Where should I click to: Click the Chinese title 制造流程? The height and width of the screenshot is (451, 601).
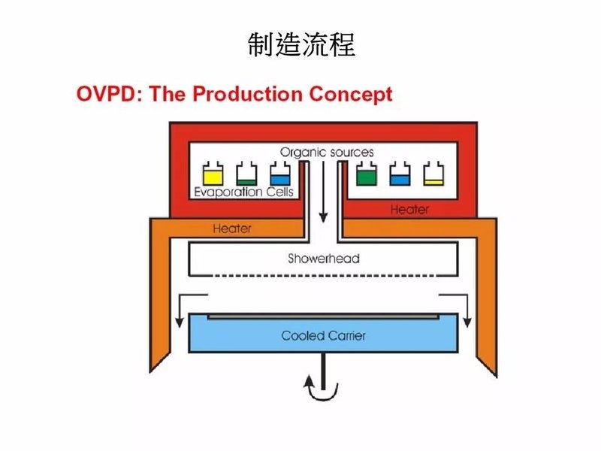coord(300,45)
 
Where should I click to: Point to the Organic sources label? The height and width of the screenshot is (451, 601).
coord(327,152)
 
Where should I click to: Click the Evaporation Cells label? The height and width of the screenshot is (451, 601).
coord(244,192)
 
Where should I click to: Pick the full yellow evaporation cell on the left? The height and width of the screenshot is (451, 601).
coord(213,174)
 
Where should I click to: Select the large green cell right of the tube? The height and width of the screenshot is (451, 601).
coord(367,174)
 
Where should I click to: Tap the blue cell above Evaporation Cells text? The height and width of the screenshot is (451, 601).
coord(277,174)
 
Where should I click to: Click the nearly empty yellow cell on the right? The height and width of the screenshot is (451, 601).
coord(433,174)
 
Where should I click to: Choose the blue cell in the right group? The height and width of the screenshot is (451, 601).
coord(400,174)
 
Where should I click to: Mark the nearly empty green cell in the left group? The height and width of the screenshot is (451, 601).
coord(246,174)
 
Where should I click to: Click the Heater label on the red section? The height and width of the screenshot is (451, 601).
coord(409,209)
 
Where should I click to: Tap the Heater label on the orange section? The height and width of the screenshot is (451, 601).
coord(232,227)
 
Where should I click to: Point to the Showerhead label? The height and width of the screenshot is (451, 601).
coord(324,259)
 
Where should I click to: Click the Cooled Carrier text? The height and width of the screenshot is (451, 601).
coord(324,335)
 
